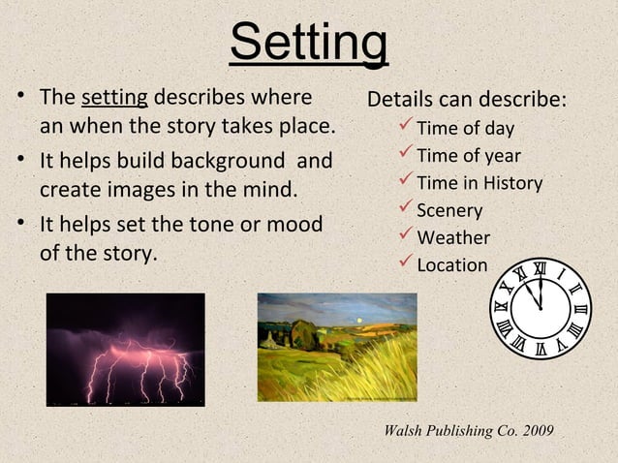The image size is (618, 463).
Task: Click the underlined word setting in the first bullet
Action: pos(114,99)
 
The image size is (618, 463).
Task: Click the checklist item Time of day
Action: pos(465,129)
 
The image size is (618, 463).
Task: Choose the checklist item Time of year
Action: pos(468,156)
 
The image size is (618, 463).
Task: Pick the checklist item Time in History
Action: pos(479,183)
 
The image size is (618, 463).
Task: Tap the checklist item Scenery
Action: pos(449,210)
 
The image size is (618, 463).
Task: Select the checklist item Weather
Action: pos(452,237)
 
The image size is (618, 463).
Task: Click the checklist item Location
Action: pos(451,264)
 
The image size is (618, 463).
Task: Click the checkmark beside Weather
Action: pos(406,236)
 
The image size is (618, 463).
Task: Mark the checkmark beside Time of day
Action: pos(406,128)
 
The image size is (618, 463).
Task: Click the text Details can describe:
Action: pos(467,102)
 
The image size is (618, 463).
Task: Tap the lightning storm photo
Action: pos(125,349)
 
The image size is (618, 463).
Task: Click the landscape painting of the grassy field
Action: pos(336,348)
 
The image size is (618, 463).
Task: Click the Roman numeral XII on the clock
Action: pos(540,268)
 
